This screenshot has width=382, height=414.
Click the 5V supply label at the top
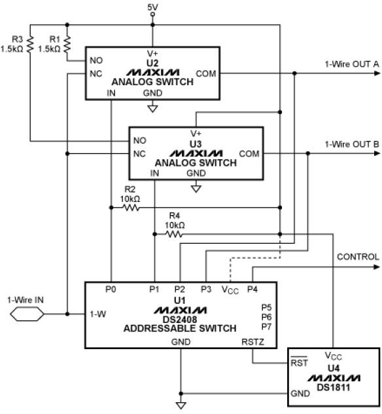(x=152, y=7)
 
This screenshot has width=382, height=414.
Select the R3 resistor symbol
(x=30, y=44)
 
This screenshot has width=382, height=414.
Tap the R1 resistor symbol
(x=67, y=44)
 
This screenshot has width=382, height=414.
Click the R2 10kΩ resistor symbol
(x=131, y=208)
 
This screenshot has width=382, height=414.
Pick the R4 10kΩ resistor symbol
(x=174, y=235)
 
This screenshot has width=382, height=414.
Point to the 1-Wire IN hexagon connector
(x=27, y=314)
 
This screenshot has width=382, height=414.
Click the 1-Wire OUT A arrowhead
(x=377, y=73)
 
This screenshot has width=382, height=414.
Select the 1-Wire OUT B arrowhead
(x=377, y=153)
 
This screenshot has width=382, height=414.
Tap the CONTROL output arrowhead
(x=377, y=267)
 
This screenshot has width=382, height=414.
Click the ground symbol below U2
(x=152, y=109)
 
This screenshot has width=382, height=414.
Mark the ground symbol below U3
(x=196, y=189)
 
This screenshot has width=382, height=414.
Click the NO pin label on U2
(x=96, y=60)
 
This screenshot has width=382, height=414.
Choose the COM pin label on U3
(x=249, y=153)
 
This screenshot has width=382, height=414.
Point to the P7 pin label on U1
(x=266, y=327)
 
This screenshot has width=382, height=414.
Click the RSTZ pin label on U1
(x=252, y=342)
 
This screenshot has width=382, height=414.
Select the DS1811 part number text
(x=334, y=387)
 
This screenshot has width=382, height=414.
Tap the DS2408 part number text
(x=180, y=320)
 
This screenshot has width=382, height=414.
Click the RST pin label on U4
(x=299, y=362)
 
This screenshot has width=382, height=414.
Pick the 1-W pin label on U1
(x=98, y=314)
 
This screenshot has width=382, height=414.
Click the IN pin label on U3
(x=154, y=173)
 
